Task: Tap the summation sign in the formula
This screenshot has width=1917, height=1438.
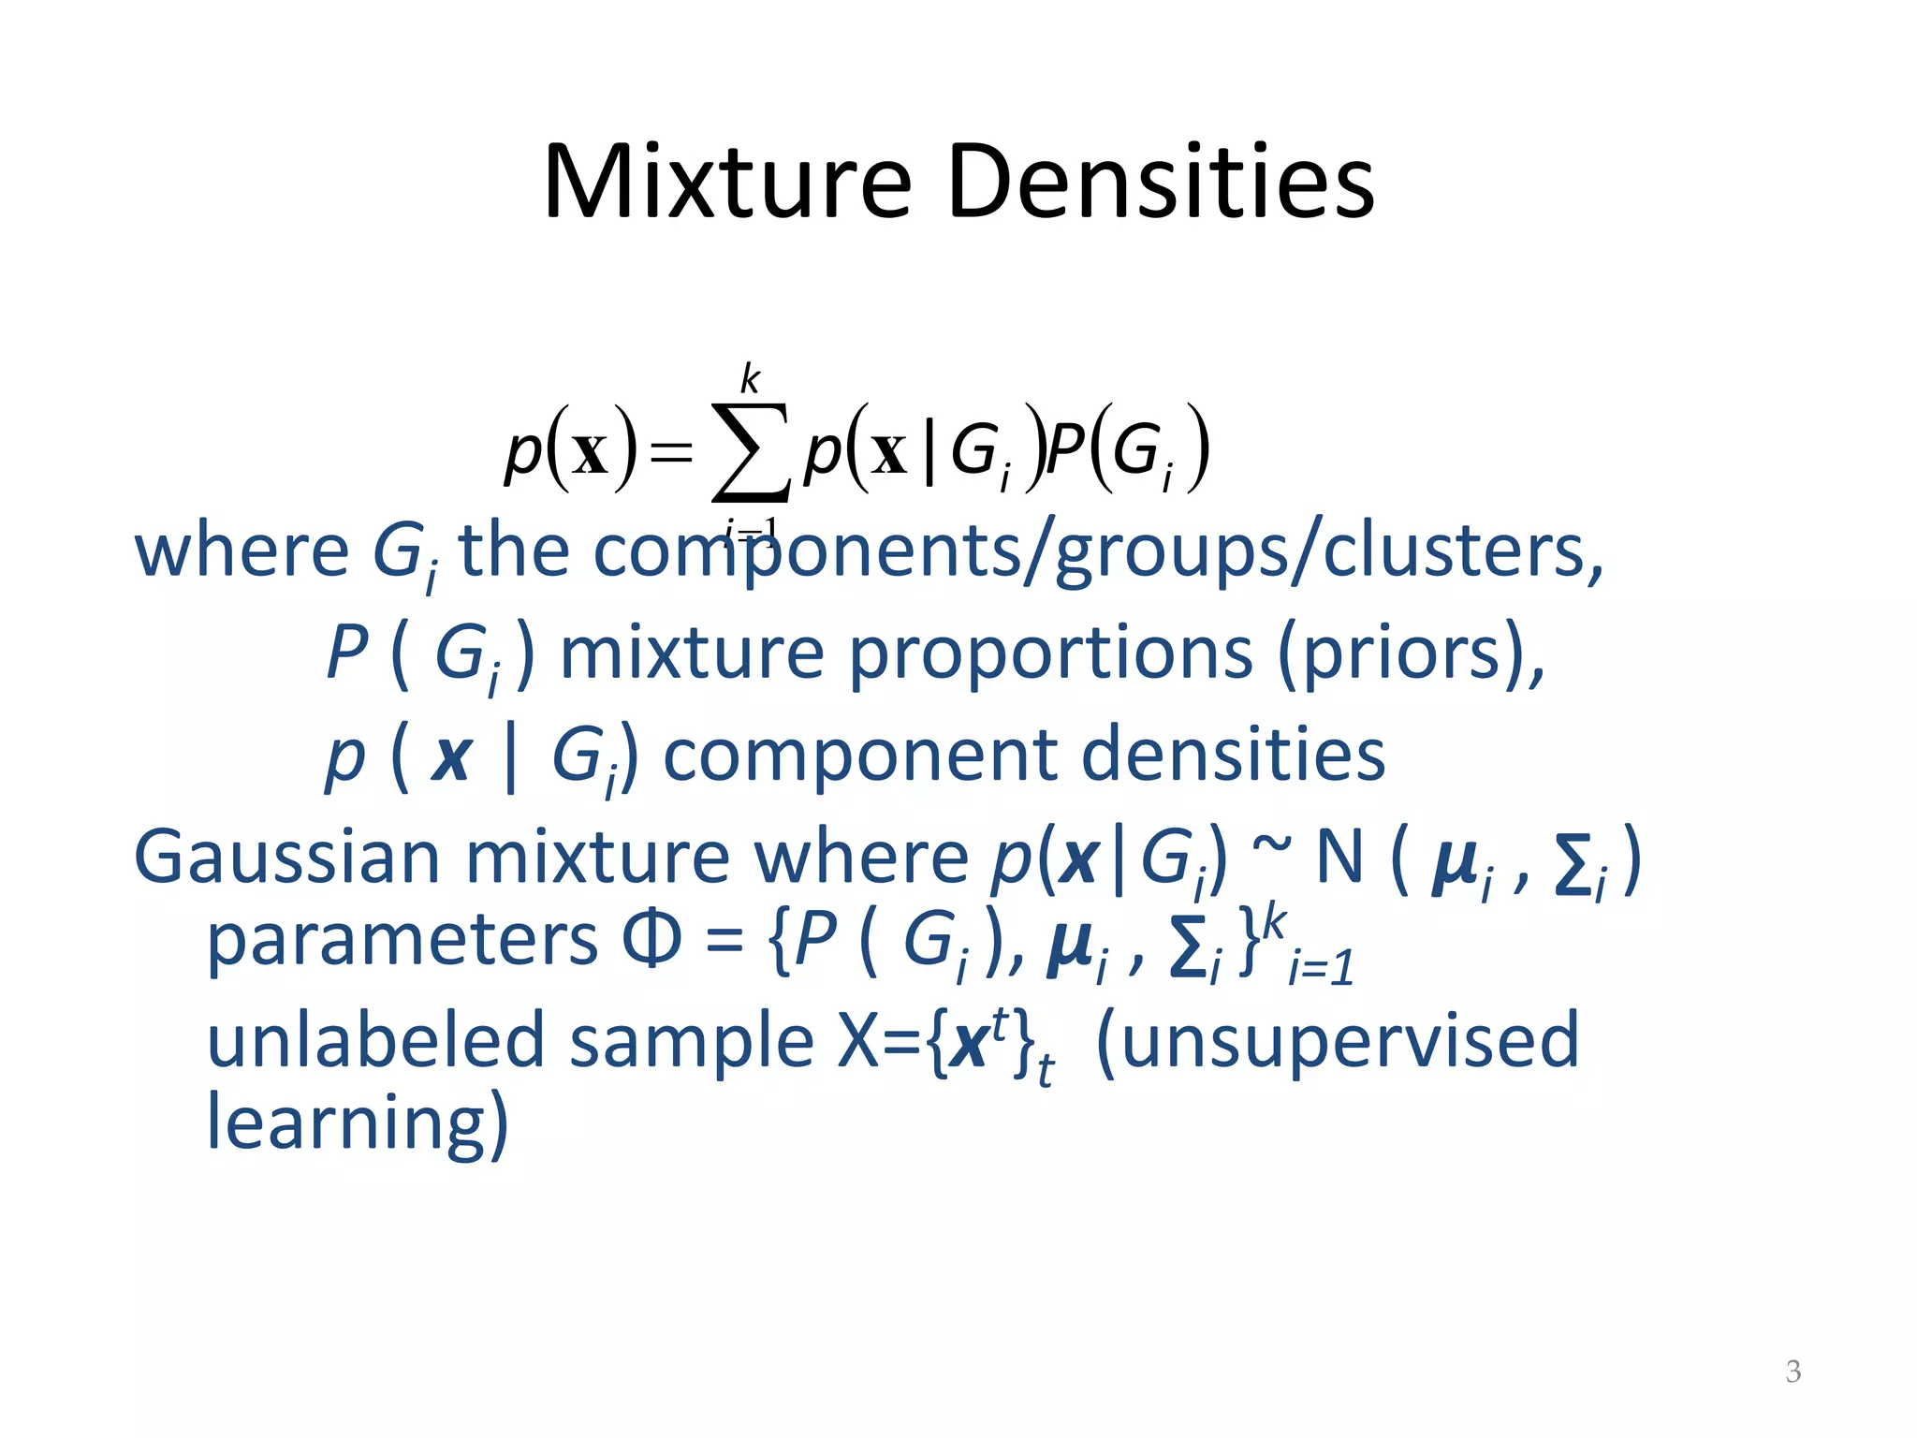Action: click(750, 452)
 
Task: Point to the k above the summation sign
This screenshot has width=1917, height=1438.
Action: click(750, 378)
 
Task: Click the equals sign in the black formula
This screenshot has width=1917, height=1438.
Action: click(672, 454)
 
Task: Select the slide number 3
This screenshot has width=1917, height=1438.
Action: click(1793, 1372)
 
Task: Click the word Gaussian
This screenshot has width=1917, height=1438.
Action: click(286, 857)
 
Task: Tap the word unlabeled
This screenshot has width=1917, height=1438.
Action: click(375, 1040)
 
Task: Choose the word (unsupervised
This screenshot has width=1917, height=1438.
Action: click(1337, 1040)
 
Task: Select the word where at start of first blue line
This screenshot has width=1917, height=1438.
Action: click(241, 551)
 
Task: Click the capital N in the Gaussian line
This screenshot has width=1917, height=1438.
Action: click(1339, 857)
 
